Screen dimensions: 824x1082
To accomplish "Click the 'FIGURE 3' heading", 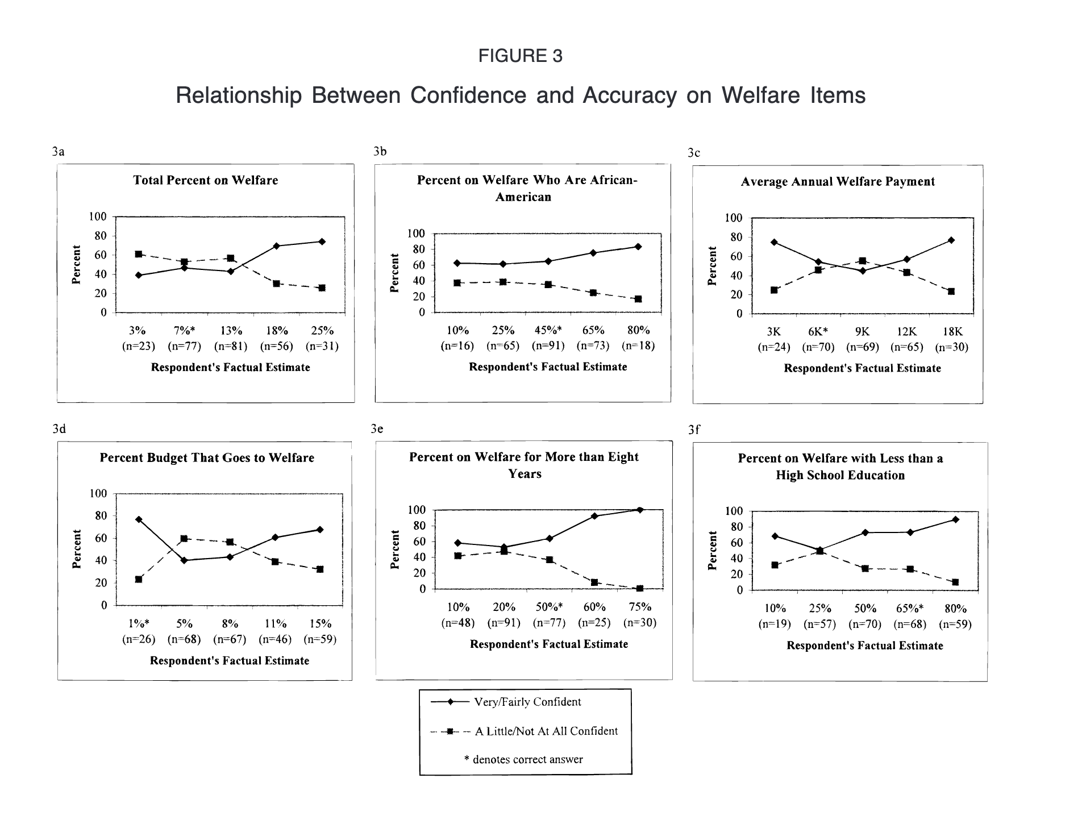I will pyautogui.click(x=520, y=56).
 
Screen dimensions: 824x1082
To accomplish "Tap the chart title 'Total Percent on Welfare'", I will pyautogui.click(x=206, y=180).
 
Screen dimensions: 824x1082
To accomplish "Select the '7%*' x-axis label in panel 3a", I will pyautogui.click(x=185, y=331).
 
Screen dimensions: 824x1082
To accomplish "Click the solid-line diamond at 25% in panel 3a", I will pyautogui.click(x=322, y=242).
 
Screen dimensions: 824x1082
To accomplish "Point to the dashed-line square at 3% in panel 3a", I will pyautogui.click(x=139, y=254).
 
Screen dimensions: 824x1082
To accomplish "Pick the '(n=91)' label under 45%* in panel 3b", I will pyautogui.click(x=548, y=346).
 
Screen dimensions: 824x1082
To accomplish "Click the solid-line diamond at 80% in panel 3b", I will pyautogui.click(x=638, y=247).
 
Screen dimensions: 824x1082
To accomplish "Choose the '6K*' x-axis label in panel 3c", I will pyautogui.click(x=818, y=332).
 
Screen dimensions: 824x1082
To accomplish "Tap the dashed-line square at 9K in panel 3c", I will pyautogui.click(x=862, y=261).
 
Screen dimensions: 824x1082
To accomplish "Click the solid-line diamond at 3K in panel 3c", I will pyautogui.click(x=774, y=242).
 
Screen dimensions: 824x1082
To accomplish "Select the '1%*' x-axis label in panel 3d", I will pyautogui.click(x=139, y=623).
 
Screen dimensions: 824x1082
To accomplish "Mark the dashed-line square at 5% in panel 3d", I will pyautogui.click(x=184, y=538).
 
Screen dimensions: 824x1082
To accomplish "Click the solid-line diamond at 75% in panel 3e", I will pyautogui.click(x=640, y=510).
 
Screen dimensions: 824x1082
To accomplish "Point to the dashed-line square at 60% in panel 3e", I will pyautogui.click(x=594, y=582).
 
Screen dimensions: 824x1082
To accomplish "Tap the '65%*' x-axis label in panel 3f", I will pyautogui.click(x=910, y=609).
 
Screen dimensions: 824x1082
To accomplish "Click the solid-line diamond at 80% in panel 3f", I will pyautogui.click(x=955, y=519).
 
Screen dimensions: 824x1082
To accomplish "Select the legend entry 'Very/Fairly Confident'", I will pyautogui.click(x=527, y=702).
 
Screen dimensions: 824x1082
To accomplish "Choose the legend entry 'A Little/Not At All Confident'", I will pyautogui.click(x=546, y=731).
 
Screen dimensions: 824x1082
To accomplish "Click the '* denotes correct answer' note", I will pyautogui.click(x=523, y=760).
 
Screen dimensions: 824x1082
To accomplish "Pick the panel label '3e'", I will pyautogui.click(x=377, y=429).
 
